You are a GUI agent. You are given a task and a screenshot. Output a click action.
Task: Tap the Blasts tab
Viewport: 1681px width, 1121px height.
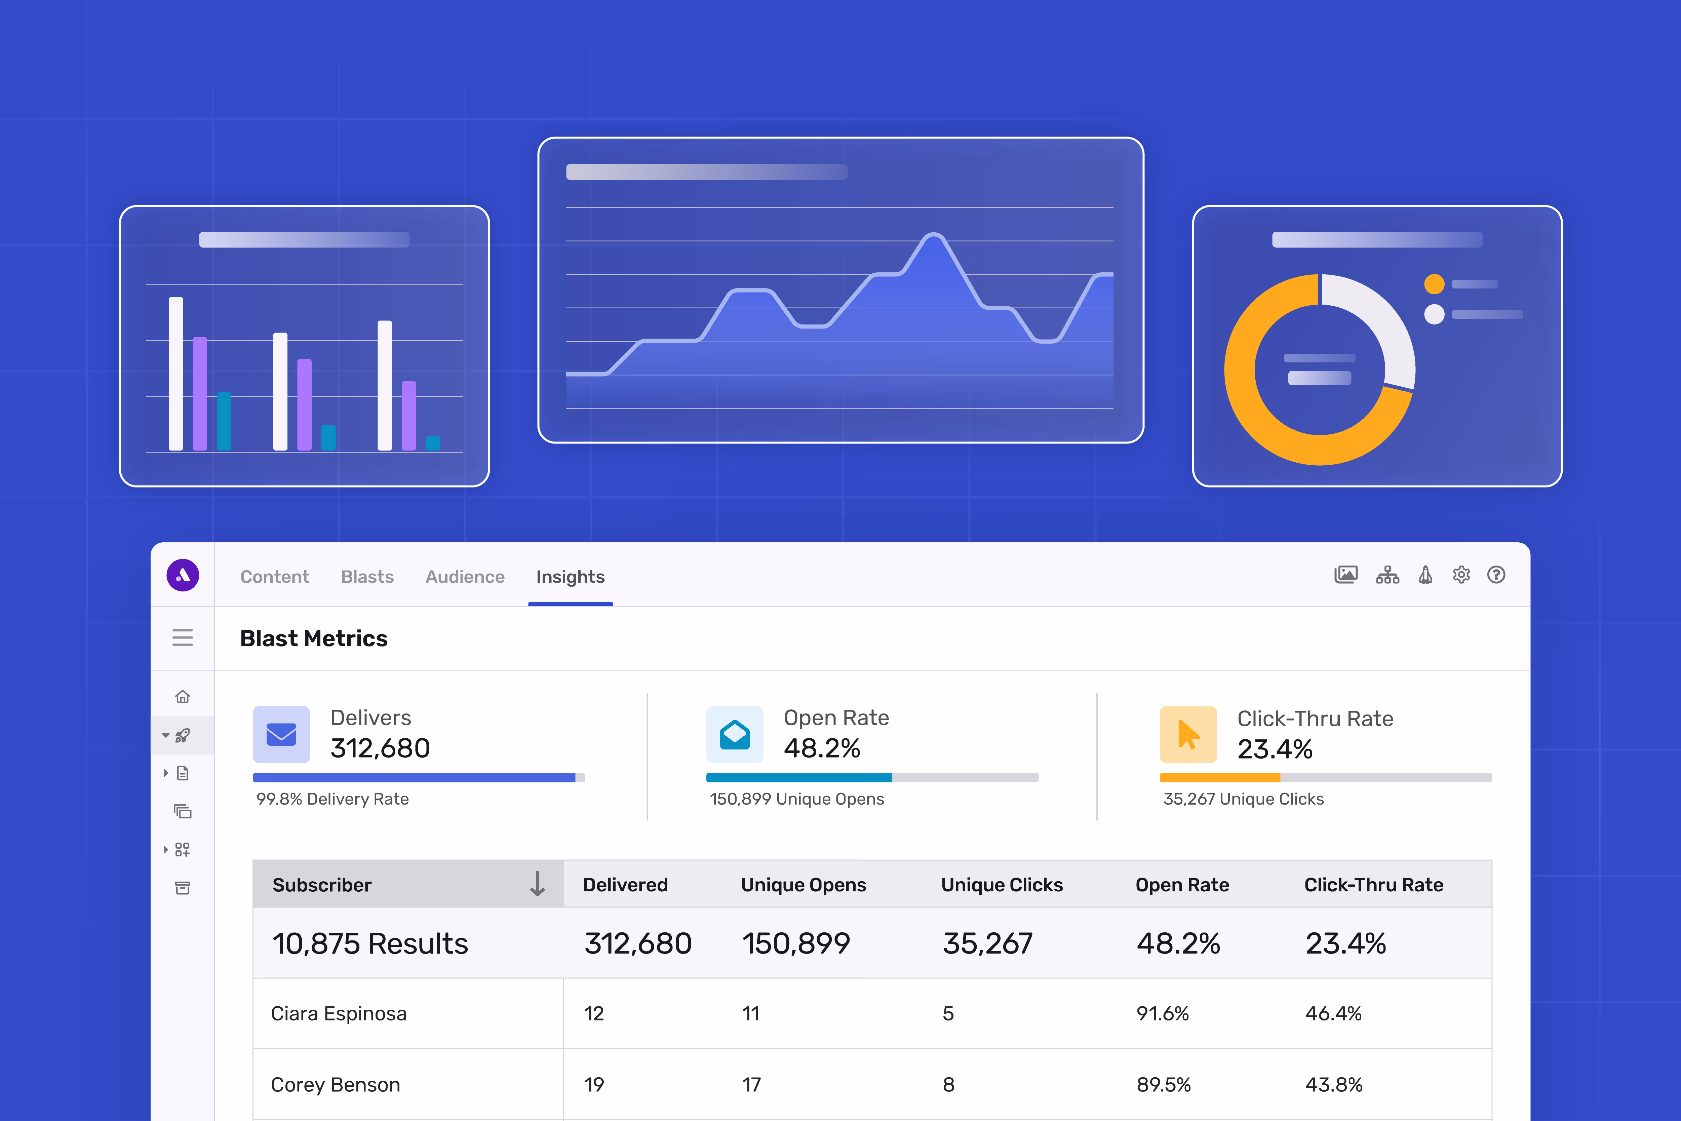click(x=367, y=577)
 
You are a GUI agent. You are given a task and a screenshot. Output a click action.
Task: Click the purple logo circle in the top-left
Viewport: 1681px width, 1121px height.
click(x=183, y=576)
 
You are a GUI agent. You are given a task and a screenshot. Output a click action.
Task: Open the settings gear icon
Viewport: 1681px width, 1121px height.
click(x=1461, y=575)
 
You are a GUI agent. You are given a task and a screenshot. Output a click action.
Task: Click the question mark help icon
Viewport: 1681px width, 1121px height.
click(x=1496, y=575)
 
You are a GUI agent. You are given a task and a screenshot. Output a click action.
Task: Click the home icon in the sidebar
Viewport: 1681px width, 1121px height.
click(x=183, y=696)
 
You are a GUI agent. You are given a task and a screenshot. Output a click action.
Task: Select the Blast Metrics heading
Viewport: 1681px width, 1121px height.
click(x=314, y=639)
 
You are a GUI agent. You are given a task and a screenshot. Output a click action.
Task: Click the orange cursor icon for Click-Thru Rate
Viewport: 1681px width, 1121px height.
click(x=1188, y=734)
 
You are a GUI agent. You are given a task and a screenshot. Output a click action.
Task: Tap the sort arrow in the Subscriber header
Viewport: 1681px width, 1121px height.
click(x=538, y=884)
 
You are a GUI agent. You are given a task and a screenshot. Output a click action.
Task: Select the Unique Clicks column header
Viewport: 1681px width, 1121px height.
click(x=1001, y=885)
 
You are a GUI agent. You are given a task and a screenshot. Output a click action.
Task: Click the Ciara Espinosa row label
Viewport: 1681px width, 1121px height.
click(x=339, y=1014)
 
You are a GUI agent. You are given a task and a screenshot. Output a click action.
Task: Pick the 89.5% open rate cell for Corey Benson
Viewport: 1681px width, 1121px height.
click(x=1164, y=1085)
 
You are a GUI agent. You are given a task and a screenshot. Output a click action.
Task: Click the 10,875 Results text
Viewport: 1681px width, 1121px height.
click(x=370, y=944)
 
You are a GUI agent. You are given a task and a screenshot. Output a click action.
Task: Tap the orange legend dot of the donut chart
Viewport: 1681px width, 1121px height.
click(x=1434, y=284)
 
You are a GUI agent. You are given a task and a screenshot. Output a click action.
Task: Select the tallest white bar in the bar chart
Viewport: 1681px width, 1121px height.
click(x=176, y=373)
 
